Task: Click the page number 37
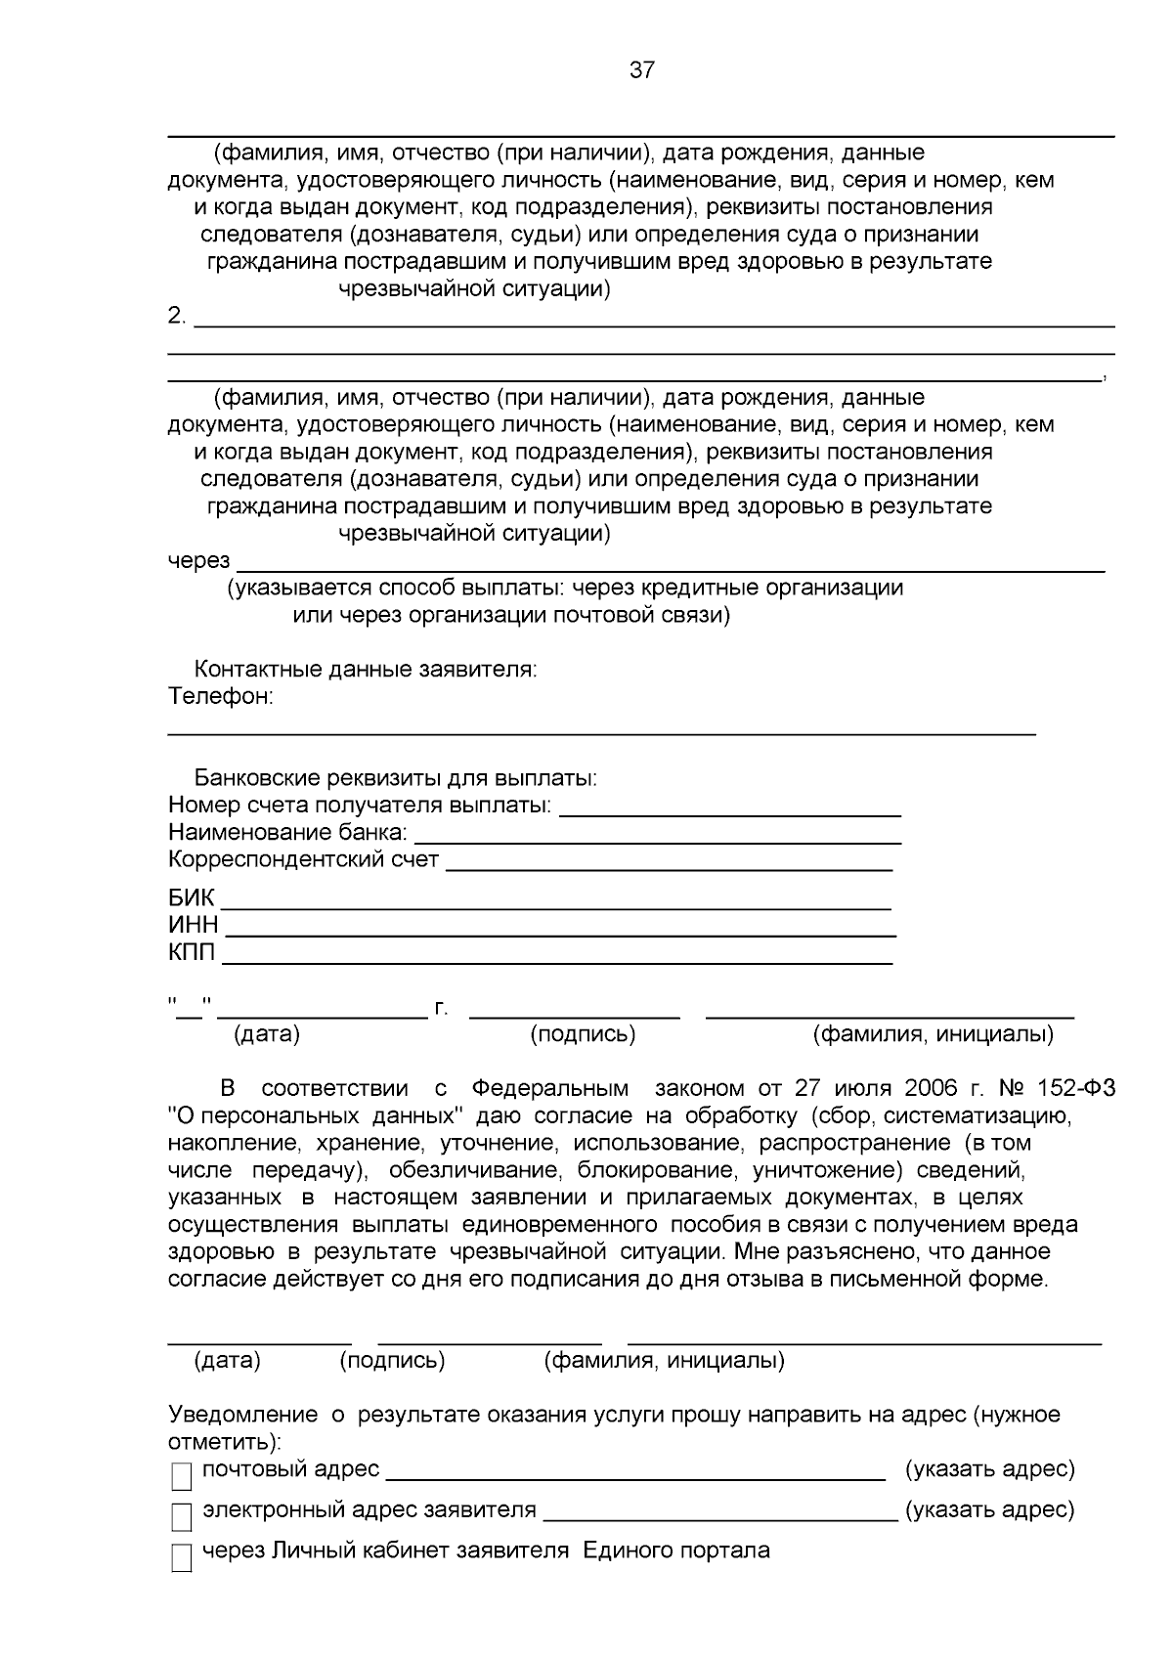pos(642,70)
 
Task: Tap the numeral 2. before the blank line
pos(177,316)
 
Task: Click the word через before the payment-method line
pos(198,561)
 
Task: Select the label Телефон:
pos(220,697)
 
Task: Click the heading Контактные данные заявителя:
pos(365,670)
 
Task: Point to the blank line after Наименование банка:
pos(657,841)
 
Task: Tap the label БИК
pos(191,898)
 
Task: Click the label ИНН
pos(193,926)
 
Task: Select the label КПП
pos(192,953)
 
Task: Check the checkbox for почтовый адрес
pos(182,1475)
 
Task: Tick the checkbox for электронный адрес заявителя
pos(182,1516)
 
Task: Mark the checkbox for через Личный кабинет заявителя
pos(182,1557)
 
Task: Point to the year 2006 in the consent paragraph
pos(932,1089)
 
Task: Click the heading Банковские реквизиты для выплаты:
pos(395,779)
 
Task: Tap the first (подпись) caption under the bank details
pos(583,1034)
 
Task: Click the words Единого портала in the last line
pos(676,1550)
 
